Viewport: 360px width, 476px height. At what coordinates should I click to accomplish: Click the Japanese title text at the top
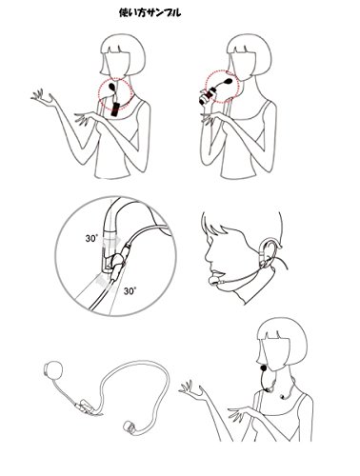pyautogui.click(x=150, y=12)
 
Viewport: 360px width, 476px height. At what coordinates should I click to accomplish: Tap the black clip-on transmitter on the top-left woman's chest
pyautogui.click(x=115, y=109)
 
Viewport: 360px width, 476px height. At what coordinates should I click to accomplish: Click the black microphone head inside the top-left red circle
pyautogui.click(x=111, y=87)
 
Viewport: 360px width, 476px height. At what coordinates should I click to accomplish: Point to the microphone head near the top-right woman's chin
pyautogui.click(x=228, y=81)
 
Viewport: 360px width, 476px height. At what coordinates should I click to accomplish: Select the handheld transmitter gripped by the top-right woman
pyautogui.click(x=208, y=96)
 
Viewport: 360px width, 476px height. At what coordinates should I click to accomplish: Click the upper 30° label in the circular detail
pyautogui.click(x=91, y=239)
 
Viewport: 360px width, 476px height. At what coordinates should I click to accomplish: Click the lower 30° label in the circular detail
pyautogui.click(x=130, y=290)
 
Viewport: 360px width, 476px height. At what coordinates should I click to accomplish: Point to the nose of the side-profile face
pyautogui.click(x=209, y=255)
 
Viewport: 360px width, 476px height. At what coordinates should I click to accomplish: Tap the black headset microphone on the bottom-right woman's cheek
pyautogui.click(x=263, y=368)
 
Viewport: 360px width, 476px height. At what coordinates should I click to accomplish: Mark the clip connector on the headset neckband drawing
pyautogui.click(x=85, y=407)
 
